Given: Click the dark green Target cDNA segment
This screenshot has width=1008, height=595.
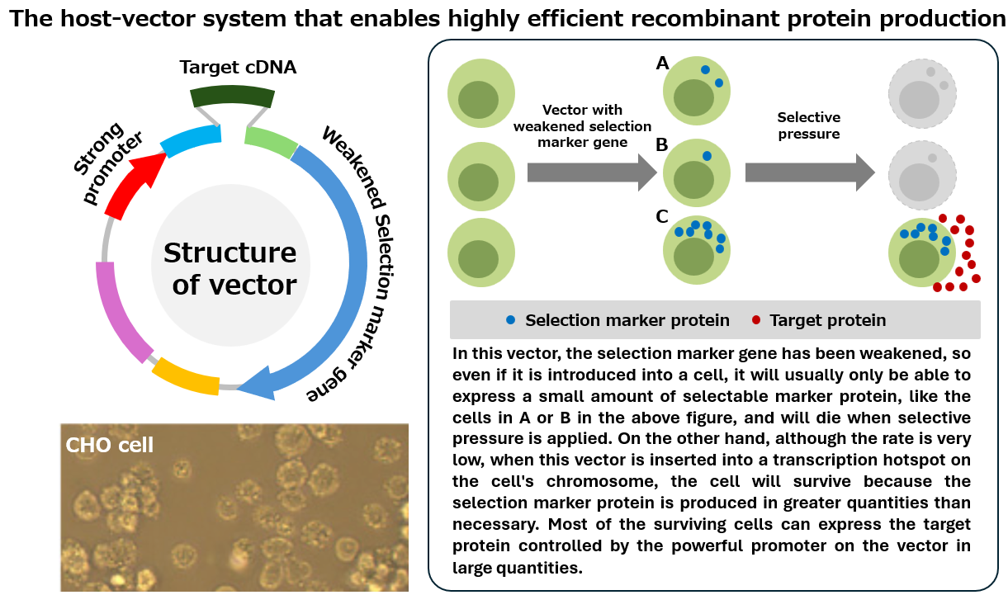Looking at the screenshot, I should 232,95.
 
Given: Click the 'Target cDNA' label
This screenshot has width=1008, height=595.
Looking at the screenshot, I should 238,67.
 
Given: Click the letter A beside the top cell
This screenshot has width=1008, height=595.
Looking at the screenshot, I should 662,64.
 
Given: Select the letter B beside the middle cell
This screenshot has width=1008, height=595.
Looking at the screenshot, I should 662,145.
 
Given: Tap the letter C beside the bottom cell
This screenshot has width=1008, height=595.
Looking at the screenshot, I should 662,217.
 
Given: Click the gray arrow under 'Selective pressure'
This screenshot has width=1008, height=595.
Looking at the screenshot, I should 809,172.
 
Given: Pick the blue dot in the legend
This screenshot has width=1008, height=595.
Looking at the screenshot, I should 512,320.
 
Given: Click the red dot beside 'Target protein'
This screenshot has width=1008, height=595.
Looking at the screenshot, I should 757,320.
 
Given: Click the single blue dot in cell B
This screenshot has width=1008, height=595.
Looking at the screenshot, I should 707,156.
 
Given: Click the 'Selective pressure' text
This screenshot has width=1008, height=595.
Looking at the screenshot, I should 809,125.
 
